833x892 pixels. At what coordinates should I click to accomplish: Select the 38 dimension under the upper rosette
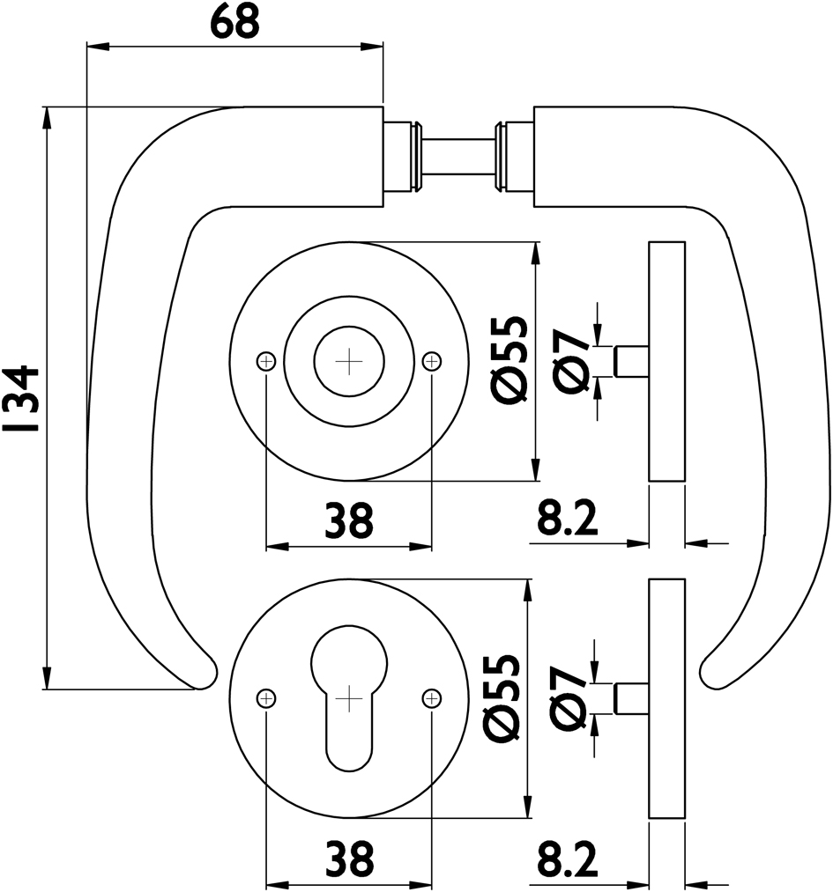[349, 521]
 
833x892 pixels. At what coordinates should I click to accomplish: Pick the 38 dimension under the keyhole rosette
[349, 857]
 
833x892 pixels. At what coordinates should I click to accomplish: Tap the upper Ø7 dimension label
[570, 360]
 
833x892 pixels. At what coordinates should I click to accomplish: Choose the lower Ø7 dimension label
[570, 699]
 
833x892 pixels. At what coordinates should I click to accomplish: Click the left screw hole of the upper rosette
[266, 360]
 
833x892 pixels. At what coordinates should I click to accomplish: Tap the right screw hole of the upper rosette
[432, 360]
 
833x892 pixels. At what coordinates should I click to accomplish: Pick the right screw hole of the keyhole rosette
[432, 698]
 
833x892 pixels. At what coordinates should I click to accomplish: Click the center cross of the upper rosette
[349, 360]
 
